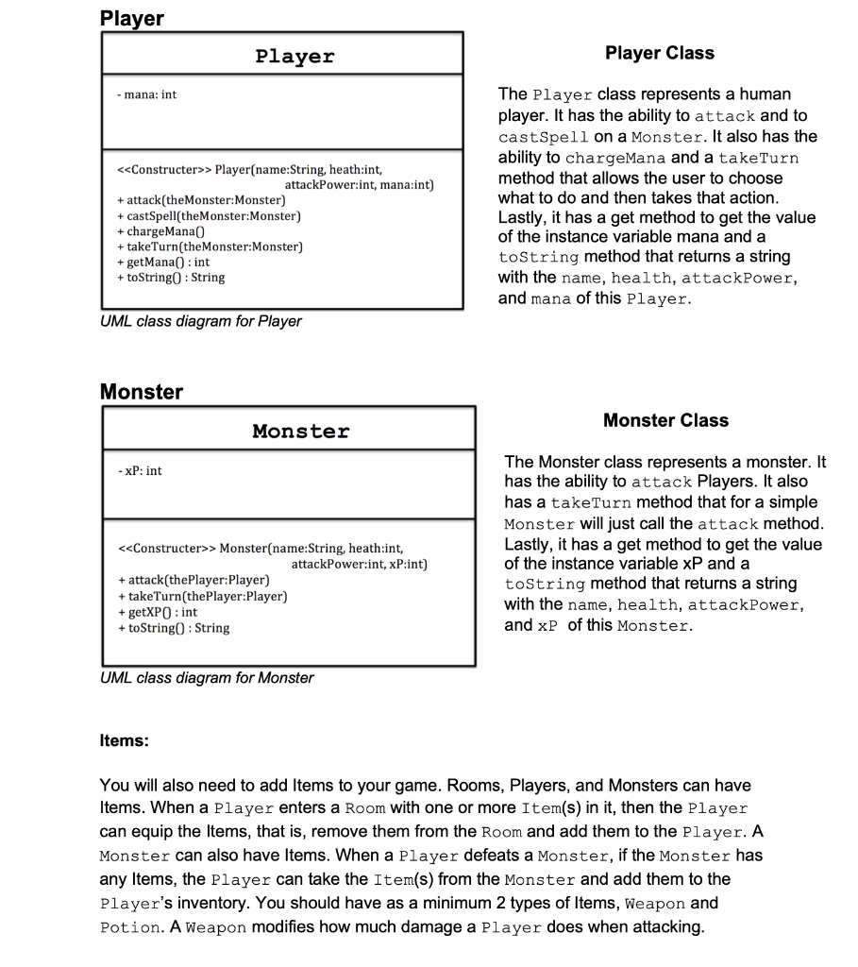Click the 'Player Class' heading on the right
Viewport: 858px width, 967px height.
(x=659, y=54)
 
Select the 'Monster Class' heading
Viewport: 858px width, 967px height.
(x=665, y=420)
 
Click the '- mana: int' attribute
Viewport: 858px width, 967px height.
(x=147, y=94)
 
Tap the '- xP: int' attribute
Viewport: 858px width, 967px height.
(x=140, y=470)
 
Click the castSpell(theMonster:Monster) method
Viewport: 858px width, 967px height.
(x=209, y=216)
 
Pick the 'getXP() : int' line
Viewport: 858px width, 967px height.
(x=157, y=612)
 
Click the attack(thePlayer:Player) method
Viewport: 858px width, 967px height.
(x=193, y=580)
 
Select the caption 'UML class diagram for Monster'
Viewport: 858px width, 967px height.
(x=207, y=677)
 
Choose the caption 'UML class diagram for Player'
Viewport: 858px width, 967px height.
(x=201, y=321)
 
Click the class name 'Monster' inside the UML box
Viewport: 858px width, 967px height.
(x=301, y=432)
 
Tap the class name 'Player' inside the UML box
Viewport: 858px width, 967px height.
(x=294, y=56)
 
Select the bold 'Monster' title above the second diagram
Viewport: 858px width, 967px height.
(x=142, y=391)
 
